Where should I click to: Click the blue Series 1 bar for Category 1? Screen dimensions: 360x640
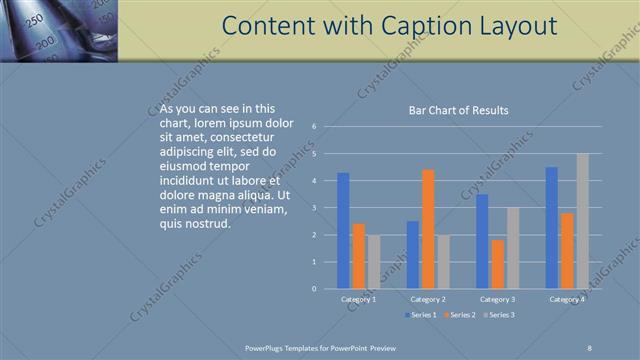point(343,230)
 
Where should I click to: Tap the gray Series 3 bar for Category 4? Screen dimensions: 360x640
point(582,221)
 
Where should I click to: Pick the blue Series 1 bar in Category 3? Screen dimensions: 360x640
point(482,241)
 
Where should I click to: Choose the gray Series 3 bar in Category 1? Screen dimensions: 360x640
point(373,262)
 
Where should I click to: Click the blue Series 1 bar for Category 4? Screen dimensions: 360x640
point(552,227)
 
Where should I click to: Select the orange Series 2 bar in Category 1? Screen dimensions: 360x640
point(358,256)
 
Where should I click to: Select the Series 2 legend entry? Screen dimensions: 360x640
point(459,315)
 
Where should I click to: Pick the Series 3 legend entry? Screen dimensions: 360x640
point(498,315)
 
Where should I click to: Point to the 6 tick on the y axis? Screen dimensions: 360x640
point(314,127)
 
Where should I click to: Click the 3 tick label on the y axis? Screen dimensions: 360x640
point(314,208)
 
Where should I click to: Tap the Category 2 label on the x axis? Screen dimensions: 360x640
point(428,299)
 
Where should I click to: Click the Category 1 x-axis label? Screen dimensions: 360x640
point(358,299)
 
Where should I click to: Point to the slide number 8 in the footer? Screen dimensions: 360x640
point(589,347)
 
